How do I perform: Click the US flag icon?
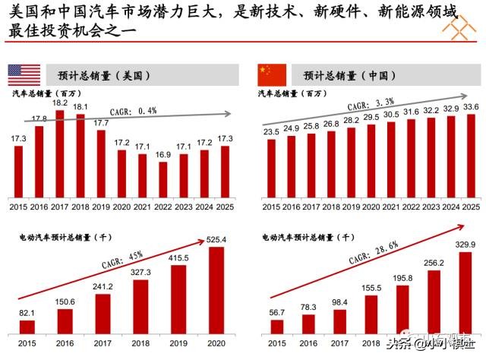pyautogui.click(x=24, y=74)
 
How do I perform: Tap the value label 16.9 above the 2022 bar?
pyautogui.click(x=163, y=154)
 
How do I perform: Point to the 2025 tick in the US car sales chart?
pyautogui.click(x=225, y=205)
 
